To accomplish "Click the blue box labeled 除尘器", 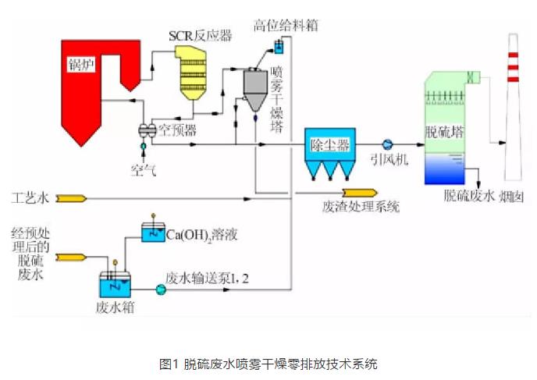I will (330, 145).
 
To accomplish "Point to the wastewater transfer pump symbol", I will (161, 289).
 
